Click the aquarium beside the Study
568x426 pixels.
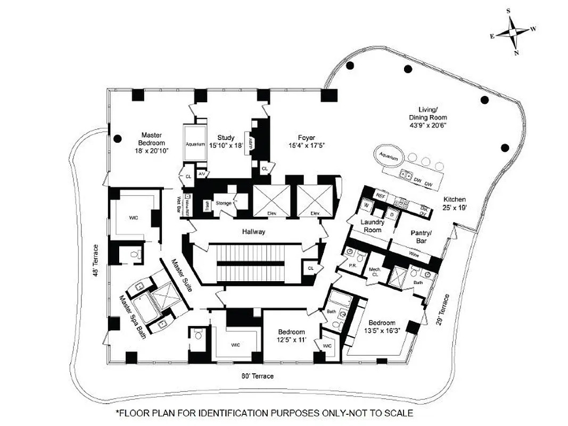[x=195, y=144]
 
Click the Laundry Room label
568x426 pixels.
[x=373, y=226]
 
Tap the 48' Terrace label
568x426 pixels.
[x=96, y=260]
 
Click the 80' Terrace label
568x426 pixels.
[x=258, y=376]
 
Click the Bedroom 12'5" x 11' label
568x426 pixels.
[x=291, y=335]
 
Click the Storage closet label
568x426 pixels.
[x=224, y=203]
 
